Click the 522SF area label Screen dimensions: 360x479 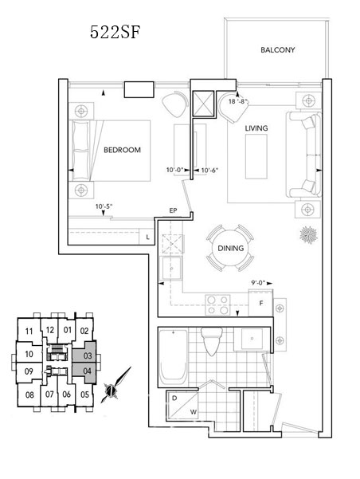(115, 32)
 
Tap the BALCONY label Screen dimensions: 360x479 (277, 49)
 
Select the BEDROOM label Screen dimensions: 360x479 (122, 150)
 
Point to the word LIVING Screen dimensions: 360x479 (256, 128)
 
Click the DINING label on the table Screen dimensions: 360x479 (230, 248)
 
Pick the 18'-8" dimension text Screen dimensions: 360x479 (237, 101)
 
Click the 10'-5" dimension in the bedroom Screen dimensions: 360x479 (104, 206)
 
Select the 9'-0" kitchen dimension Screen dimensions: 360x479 (258, 283)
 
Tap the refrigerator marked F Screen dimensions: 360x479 (260, 303)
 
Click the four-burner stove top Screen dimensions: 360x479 (217, 305)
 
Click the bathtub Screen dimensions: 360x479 (173, 358)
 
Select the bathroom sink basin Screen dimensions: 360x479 (252, 339)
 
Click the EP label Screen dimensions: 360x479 (173, 210)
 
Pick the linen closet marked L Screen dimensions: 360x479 (147, 237)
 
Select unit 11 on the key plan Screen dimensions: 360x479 (29, 331)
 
